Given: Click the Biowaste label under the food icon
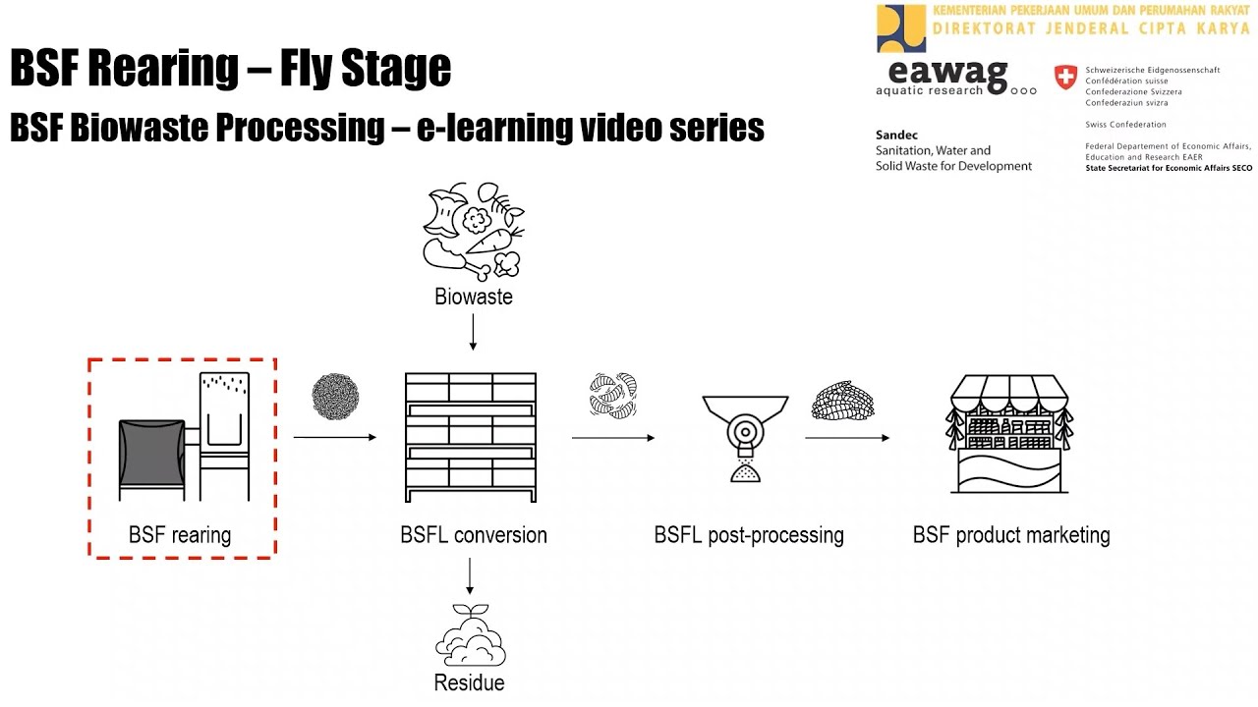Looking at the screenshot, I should tap(474, 297).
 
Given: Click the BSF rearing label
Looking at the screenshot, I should tap(180, 535).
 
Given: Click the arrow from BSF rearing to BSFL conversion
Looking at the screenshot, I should tap(334, 437).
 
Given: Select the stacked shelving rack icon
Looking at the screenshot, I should tap(471, 437).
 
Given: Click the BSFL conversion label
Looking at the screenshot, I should tap(474, 535).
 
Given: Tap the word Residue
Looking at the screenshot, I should tap(470, 682).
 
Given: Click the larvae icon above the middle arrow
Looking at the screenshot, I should tap(613, 394).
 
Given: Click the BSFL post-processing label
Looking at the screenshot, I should tap(749, 535).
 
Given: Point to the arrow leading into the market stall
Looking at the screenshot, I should tap(847, 437).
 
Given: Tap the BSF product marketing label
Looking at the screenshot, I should tap(1011, 535).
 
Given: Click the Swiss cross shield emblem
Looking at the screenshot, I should tap(1065, 78).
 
